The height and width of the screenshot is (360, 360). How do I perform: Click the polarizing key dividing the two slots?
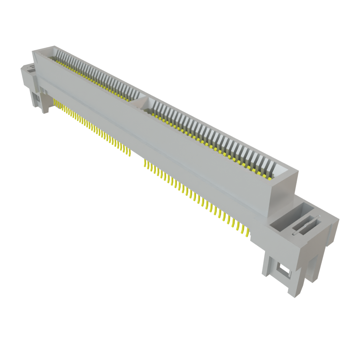coord(141,101)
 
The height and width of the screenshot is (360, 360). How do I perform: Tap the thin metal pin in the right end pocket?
coord(306,225)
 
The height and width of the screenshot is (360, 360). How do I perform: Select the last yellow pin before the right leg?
coord(248,232)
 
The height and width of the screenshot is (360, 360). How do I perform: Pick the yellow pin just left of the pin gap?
coord(130,152)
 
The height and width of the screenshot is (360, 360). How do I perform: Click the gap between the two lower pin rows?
coord(137,156)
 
